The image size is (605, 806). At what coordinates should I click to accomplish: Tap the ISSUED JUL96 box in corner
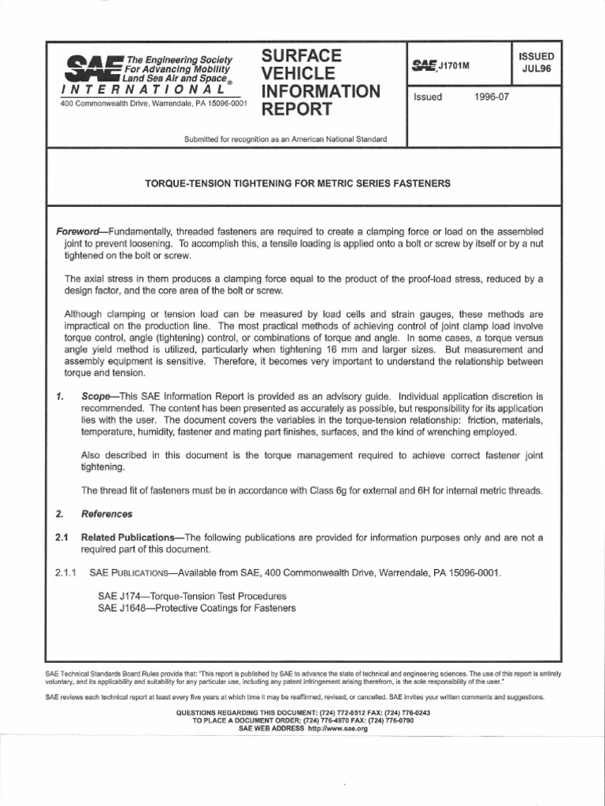pos(536,63)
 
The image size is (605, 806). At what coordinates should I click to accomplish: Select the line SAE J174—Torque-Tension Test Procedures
pos(192,596)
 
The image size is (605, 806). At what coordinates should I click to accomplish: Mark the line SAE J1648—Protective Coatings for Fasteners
pos(197,608)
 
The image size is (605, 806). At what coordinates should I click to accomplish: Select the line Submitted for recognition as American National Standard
pos(285,139)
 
